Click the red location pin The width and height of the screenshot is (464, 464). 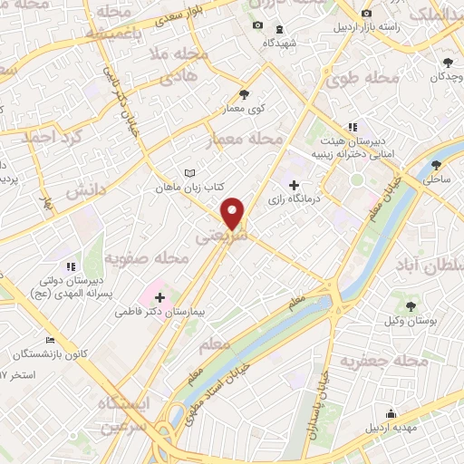pyautogui.click(x=234, y=214)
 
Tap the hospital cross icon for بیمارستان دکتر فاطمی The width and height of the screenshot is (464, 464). pyautogui.click(x=159, y=296)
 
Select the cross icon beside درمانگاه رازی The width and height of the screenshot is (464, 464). pyautogui.click(x=293, y=185)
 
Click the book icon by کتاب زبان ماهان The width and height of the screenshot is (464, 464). pyautogui.click(x=188, y=172)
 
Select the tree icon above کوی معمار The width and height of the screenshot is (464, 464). pyautogui.click(x=244, y=93)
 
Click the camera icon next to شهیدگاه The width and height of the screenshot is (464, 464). pyautogui.click(x=257, y=24)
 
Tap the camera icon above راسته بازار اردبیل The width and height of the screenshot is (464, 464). pyautogui.click(x=366, y=13)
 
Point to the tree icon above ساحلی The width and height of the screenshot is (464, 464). pyautogui.click(x=437, y=164)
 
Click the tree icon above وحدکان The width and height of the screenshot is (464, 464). pyautogui.click(x=448, y=63)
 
